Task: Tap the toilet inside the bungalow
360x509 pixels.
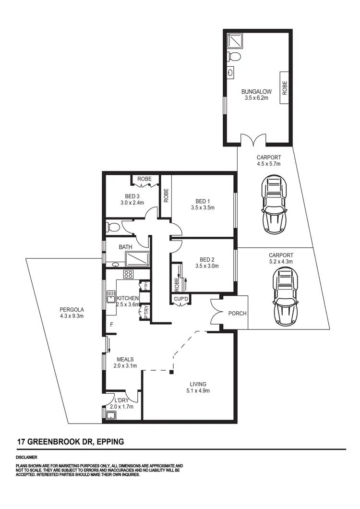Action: [x=234, y=57]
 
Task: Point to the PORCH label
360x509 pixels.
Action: [x=238, y=314]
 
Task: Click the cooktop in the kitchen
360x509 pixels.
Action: [x=129, y=275]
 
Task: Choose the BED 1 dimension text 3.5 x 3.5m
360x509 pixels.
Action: [x=202, y=208]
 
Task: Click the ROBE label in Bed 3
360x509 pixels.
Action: [x=144, y=179]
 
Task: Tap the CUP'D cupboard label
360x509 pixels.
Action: [x=180, y=299]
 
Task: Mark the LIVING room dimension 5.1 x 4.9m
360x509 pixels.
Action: [x=198, y=391]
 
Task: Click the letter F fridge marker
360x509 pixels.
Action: [x=111, y=325]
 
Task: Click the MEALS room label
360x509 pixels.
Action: [x=125, y=359]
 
